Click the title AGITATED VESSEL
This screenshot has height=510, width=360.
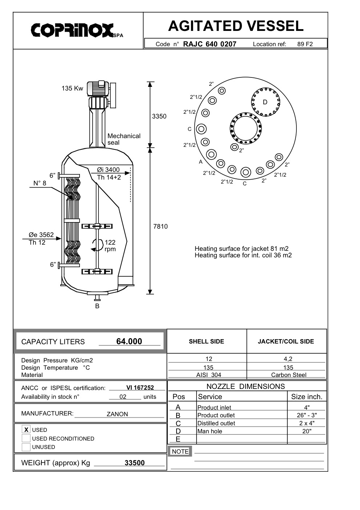point(235,26)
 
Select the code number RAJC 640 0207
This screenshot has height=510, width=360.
point(210,44)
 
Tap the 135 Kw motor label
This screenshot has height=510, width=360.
point(72,88)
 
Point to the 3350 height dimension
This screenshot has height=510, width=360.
point(159,116)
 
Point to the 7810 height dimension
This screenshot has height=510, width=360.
point(160,226)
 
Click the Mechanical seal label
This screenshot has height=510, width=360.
point(124,139)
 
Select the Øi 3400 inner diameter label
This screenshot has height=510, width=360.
point(108,170)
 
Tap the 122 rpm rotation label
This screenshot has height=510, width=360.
point(110,246)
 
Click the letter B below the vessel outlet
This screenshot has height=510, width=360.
point(97,306)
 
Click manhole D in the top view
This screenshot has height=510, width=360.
point(266,102)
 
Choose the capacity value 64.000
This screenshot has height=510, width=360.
point(129,341)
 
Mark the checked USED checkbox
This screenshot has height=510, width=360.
point(26,430)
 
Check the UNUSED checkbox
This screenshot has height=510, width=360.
point(26,447)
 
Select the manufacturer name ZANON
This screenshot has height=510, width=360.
point(117,414)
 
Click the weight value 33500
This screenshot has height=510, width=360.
point(134,463)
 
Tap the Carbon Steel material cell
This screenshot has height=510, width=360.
point(288,375)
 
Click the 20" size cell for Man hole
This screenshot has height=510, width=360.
point(307,431)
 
